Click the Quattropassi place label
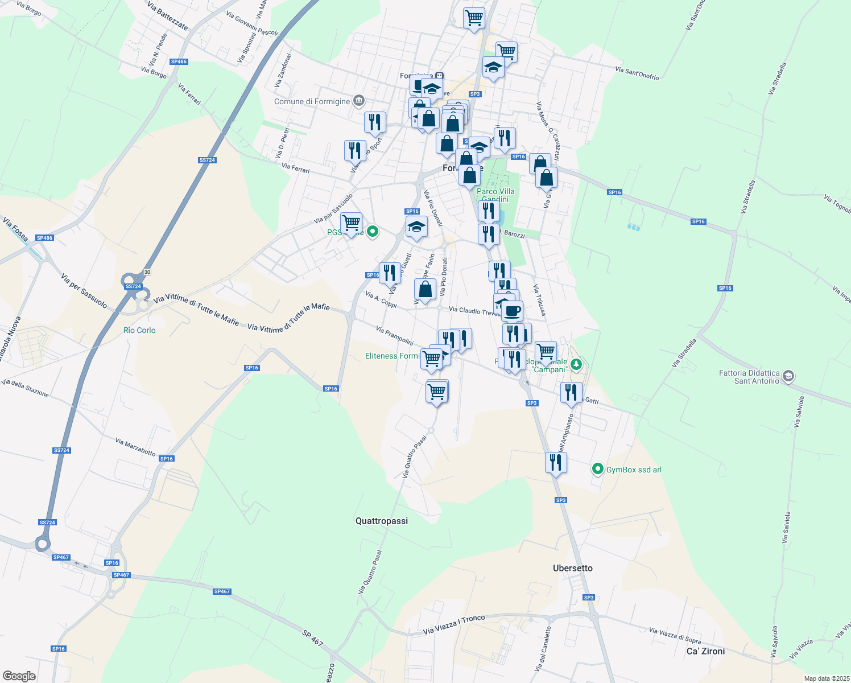click(x=381, y=521)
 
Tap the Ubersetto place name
click(x=572, y=568)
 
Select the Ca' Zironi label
click(x=705, y=651)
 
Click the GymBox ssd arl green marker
click(x=597, y=469)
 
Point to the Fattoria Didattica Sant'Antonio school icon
click(x=788, y=376)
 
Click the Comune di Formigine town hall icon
click(x=359, y=101)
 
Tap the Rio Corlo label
click(x=139, y=330)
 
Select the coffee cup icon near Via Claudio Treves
click(x=512, y=311)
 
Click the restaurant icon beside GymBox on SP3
click(x=556, y=463)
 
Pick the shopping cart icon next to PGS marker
click(x=351, y=223)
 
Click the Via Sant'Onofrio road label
click(x=637, y=73)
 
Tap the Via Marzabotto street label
click(x=135, y=447)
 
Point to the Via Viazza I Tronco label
click(x=454, y=625)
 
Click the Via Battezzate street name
click(x=167, y=16)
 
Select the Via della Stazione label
click(x=25, y=388)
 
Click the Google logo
click(x=19, y=676)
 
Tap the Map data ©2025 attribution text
click(x=827, y=678)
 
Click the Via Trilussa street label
click(x=540, y=301)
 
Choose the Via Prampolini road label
click(x=394, y=336)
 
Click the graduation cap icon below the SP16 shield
click(x=416, y=228)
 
